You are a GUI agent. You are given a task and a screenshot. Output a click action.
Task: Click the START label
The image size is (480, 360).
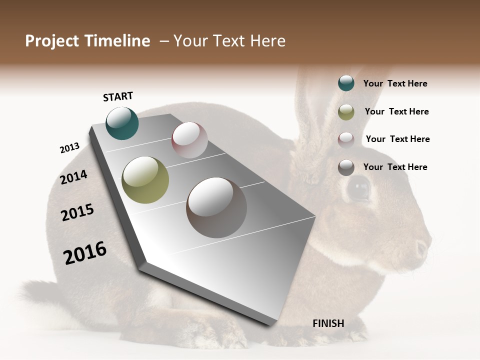click(x=118, y=96)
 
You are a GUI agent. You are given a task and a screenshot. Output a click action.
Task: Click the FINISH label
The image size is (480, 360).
click(x=328, y=323)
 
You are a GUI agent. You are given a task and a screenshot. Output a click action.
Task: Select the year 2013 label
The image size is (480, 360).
click(x=69, y=148)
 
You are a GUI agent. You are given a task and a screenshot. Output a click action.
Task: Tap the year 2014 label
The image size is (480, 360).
click(x=73, y=177)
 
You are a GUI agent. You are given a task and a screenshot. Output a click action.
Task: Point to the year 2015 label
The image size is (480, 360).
click(x=77, y=212)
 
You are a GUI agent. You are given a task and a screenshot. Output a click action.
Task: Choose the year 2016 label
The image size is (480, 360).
click(x=85, y=252)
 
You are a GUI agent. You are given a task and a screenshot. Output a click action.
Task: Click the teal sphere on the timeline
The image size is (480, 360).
click(x=122, y=123)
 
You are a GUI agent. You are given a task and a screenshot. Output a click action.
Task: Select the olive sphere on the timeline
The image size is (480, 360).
click(x=145, y=180)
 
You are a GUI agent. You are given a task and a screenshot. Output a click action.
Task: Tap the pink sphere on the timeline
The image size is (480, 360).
click(x=189, y=140)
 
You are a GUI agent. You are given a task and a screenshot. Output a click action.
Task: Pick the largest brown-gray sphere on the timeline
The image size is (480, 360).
click(x=216, y=207)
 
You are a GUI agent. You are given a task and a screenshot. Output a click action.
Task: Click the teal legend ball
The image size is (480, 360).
click(x=346, y=83)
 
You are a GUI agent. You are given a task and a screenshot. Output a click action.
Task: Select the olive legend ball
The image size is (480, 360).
click(x=346, y=112)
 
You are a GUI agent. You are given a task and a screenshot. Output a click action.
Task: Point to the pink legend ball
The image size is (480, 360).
click(x=346, y=140)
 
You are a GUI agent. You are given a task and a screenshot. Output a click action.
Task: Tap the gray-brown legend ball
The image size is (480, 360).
click(x=346, y=167)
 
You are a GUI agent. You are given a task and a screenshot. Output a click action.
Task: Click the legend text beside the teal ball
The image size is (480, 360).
click(x=395, y=83)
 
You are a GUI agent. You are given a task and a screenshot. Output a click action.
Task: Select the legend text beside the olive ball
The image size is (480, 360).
click(x=396, y=111)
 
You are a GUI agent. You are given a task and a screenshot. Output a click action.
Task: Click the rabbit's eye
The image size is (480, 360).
click(x=358, y=189)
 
